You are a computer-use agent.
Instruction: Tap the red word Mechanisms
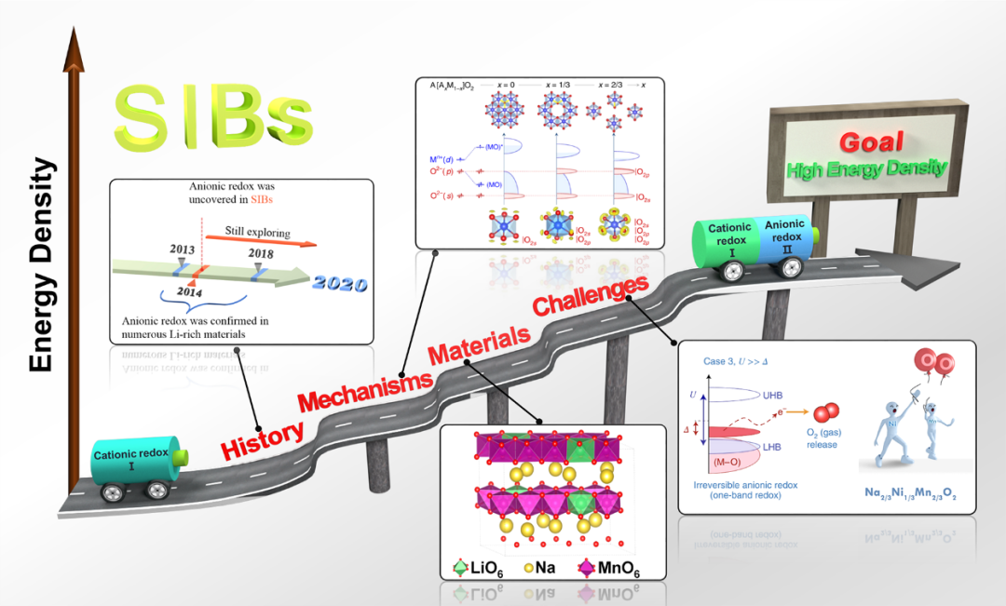click(366, 390)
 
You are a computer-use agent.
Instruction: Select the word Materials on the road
click(478, 342)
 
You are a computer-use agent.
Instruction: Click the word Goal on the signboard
click(871, 141)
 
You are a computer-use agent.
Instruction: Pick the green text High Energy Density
click(867, 169)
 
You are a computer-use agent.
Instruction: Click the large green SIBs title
click(212, 118)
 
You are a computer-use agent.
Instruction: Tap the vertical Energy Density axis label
click(41, 265)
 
